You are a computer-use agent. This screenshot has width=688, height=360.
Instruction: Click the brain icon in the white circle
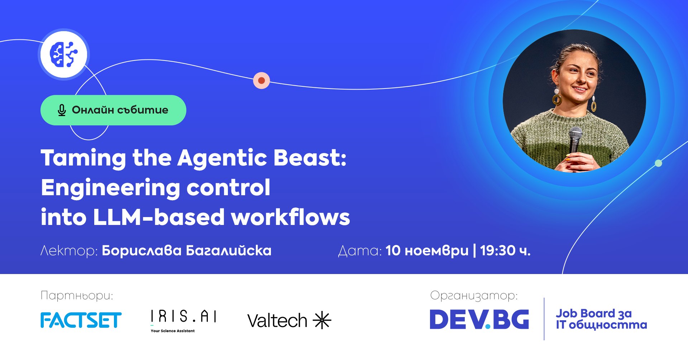coord(63,54)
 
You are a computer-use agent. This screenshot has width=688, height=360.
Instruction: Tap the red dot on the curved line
coord(262,81)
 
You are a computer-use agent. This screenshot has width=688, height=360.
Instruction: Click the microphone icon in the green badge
coord(62,110)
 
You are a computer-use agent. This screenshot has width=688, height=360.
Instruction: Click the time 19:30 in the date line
coord(498,250)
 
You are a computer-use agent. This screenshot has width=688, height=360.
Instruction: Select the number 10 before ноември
coord(393,250)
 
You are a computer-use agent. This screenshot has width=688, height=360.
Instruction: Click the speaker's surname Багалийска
coord(229,250)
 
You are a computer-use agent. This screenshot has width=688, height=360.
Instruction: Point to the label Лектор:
coord(69,250)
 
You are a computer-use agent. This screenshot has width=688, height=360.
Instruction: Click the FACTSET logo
coord(81,320)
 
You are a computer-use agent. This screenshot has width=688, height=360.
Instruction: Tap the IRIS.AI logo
coord(183,321)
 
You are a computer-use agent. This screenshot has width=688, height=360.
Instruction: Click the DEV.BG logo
coord(479,319)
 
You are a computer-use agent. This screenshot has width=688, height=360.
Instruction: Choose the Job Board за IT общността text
coord(601,319)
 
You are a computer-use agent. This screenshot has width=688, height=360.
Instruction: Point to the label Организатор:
coord(474,296)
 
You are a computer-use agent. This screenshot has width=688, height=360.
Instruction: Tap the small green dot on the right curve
coord(658,163)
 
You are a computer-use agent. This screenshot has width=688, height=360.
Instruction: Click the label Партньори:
coord(77,296)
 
